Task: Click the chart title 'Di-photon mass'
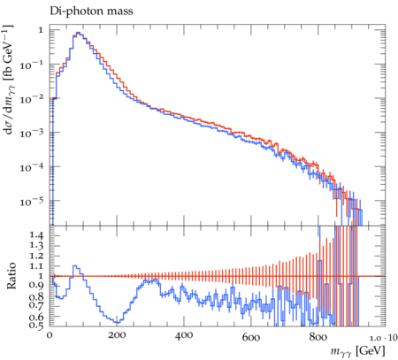(91, 11)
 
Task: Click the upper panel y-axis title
(9, 80)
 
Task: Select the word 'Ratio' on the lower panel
(11, 275)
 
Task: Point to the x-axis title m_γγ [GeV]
(357, 351)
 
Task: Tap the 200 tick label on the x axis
(117, 335)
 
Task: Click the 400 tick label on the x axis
(184, 335)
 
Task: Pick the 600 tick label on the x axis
(251, 336)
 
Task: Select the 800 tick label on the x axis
(318, 336)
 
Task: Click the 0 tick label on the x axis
(50, 335)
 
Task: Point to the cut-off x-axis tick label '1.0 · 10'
(384, 338)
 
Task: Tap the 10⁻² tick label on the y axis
(31, 98)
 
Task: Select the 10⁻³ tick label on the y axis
(31, 133)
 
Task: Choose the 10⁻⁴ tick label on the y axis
(31, 166)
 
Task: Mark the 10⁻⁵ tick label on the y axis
(31, 201)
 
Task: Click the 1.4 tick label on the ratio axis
(36, 235)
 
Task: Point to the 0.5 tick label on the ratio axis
(36, 325)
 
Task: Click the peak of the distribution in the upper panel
(78, 33)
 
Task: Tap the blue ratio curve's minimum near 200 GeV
(117, 322)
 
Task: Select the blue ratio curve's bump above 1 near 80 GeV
(76, 266)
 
